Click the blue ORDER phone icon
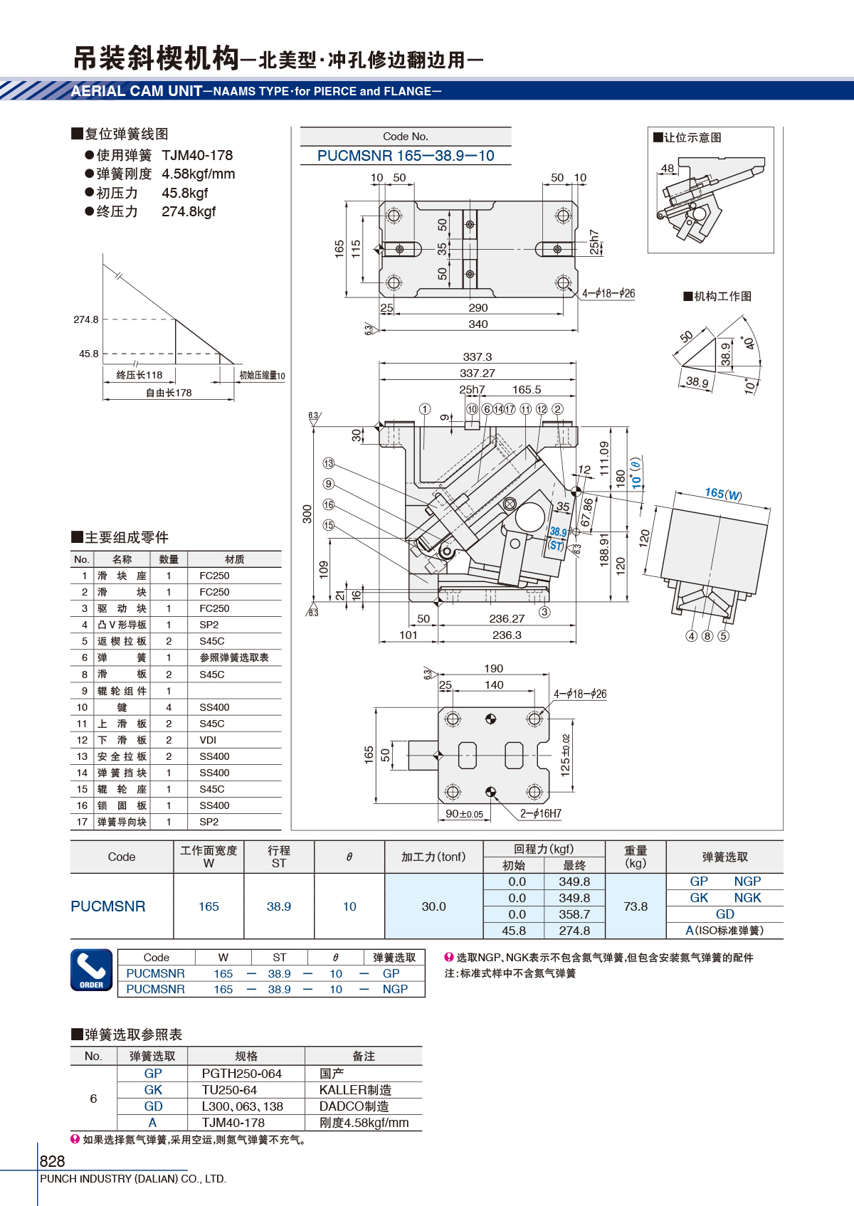tap(92, 970)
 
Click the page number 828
tap(52, 1160)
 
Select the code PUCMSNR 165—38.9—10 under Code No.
tap(406, 156)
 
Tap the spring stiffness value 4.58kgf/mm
tap(198, 174)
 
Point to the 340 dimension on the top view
tap(478, 324)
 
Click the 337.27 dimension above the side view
tap(477, 373)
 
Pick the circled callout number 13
tap(329, 463)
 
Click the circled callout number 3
tap(544, 612)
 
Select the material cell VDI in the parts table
tap(208, 740)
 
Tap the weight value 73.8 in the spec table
tap(636, 906)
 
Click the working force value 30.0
tap(433, 906)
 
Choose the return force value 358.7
tap(574, 914)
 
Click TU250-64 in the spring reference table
tap(229, 1090)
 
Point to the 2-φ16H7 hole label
tap(541, 813)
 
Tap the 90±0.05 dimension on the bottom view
tap(464, 814)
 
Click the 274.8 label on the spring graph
tap(85, 319)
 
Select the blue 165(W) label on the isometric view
tap(724, 493)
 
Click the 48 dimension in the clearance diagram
tap(668, 168)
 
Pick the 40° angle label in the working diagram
tap(748, 343)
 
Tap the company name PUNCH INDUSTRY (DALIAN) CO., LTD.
tap(133, 1179)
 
